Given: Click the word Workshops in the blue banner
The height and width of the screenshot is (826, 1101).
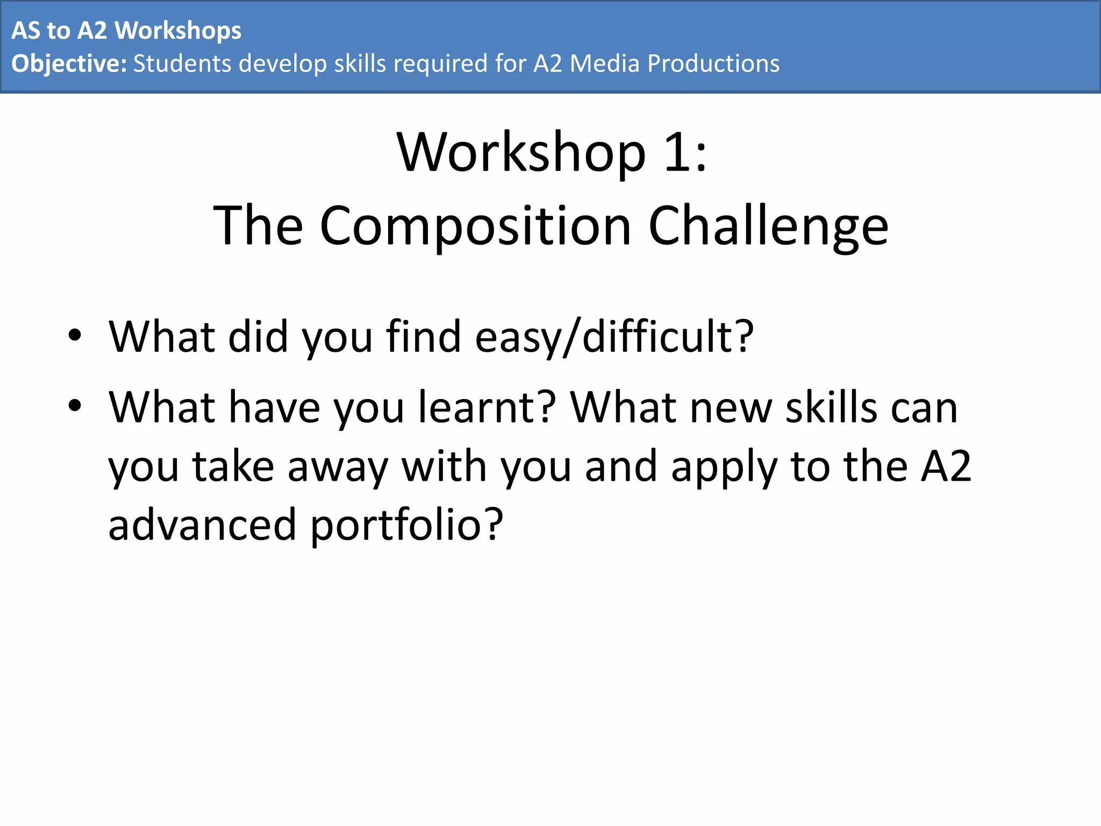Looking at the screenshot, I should pyautogui.click(x=178, y=31).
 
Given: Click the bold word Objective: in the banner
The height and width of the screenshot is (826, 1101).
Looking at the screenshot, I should pyautogui.click(x=69, y=63).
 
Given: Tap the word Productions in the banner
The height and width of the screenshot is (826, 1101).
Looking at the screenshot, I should pyautogui.click(x=713, y=63).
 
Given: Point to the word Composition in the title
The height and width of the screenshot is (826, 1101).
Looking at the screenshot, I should pyautogui.click(x=475, y=226).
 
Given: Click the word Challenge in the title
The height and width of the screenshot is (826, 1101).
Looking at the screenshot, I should pyautogui.click(x=768, y=226).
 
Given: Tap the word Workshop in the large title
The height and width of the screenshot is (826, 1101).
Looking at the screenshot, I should pyautogui.click(x=520, y=153).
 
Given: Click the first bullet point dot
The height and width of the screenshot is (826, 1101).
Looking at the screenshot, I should pyautogui.click(x=75, y=335).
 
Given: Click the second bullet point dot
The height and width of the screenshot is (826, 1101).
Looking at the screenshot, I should pyautogui.click(x=75, y=405).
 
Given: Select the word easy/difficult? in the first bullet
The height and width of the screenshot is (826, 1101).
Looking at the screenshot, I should pyautogui.click(x=614, y=337).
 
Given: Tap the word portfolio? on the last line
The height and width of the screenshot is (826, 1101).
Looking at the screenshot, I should pyautogui.click(x=407, y=525).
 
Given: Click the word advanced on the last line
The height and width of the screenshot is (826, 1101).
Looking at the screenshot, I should pyautogui.click(x=202, y=525).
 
